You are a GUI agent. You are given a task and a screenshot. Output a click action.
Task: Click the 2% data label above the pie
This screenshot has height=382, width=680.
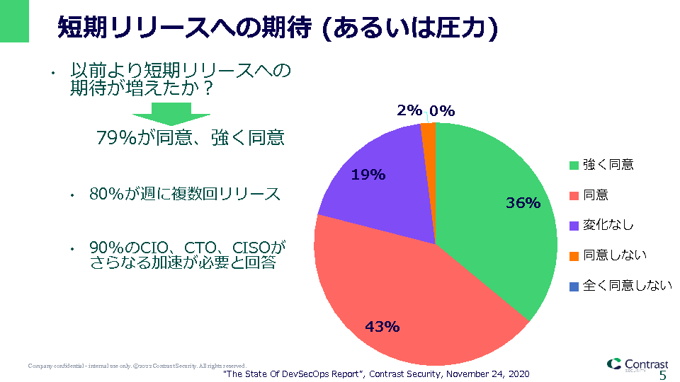coord(409,110)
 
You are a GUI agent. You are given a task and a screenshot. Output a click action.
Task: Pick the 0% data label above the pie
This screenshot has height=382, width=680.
coord(442,110)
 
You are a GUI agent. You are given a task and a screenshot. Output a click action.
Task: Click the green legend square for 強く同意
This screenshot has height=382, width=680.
coord(574,165)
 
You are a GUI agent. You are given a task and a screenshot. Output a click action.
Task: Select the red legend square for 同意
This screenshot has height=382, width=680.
coord(574,195)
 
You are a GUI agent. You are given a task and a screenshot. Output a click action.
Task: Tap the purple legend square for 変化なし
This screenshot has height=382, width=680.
coord(574,226)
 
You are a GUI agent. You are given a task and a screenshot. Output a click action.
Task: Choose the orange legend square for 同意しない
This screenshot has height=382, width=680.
coord(574,256)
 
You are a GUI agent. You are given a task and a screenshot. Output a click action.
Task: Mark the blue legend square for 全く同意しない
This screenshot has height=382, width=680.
coord(574,286)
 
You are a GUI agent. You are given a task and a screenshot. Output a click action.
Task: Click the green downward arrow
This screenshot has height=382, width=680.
coord(171,114)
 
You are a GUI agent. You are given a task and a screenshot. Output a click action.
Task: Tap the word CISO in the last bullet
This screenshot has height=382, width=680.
coord(250,248)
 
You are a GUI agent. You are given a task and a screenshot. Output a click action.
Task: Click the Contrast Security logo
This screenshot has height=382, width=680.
coord(637,364)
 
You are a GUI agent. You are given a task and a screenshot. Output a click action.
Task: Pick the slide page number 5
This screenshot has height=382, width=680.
coord(663,375)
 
